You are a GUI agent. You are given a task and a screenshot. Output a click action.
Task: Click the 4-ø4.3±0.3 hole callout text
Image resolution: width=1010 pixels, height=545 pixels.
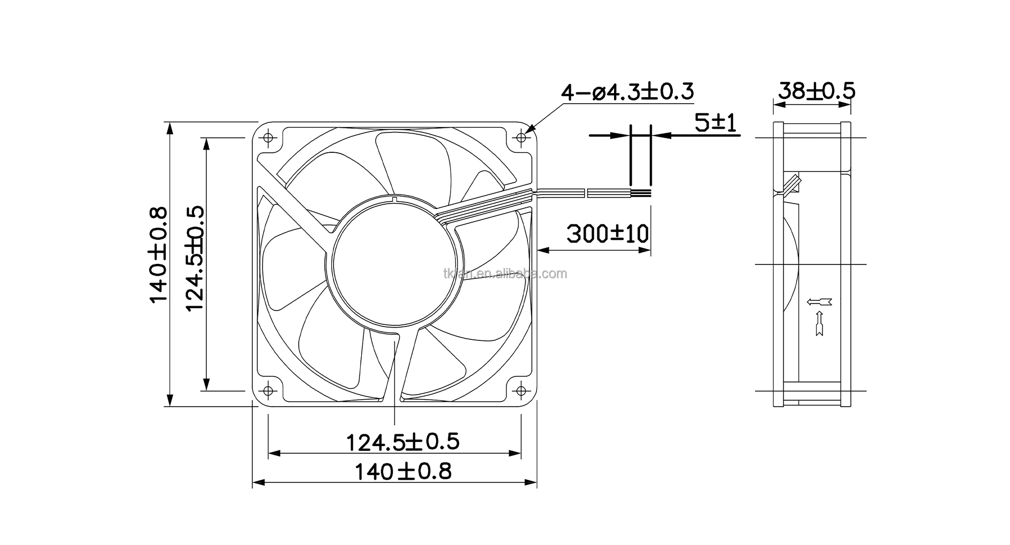627,92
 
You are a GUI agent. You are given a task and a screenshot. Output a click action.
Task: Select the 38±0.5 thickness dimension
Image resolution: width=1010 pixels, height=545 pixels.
816,91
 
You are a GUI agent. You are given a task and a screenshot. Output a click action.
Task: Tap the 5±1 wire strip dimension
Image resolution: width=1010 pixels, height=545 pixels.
716,124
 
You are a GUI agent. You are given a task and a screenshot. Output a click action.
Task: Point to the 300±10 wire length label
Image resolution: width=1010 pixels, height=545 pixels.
608,233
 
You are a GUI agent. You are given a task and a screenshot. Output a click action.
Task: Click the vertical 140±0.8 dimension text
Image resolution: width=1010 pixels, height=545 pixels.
159,256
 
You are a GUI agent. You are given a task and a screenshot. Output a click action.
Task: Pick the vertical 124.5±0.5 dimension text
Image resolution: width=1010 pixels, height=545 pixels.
195,259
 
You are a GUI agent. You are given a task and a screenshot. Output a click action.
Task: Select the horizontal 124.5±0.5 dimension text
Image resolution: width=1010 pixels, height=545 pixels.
403,442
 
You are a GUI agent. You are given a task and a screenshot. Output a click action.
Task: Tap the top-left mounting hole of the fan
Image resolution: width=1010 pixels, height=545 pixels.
268,138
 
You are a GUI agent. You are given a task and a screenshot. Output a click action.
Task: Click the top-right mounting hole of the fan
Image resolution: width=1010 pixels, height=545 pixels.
521,138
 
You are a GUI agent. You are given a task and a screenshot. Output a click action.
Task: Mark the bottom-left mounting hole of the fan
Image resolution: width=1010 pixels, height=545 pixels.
268,391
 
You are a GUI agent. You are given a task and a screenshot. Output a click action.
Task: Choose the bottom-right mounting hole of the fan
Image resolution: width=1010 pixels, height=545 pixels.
521,391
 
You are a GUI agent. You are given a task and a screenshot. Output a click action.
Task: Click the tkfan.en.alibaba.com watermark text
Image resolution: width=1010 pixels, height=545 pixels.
505,274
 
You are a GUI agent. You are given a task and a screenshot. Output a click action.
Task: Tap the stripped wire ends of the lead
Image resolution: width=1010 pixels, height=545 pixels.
641,193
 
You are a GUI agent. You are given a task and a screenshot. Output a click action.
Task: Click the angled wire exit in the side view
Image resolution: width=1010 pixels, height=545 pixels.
792,183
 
